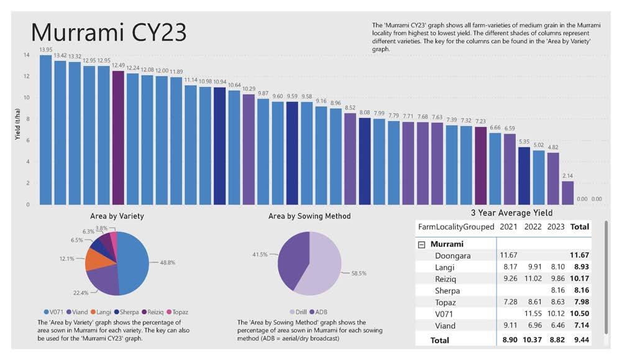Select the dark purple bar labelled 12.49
[x=118, y=137]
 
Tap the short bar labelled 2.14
[x=567, y=193]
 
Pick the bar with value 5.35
[x=524, y=175]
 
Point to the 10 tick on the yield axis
[x=26, y=98]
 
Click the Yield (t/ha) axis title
[x=18, y=125]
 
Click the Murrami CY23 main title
[x=108, y=31]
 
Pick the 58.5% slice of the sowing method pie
[x=323, y=267]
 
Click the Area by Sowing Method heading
[x=309, y=216]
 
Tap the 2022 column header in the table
[x=533, y=227]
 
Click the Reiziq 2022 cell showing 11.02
[x=533, y=279]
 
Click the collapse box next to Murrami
[x=422, y=244]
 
